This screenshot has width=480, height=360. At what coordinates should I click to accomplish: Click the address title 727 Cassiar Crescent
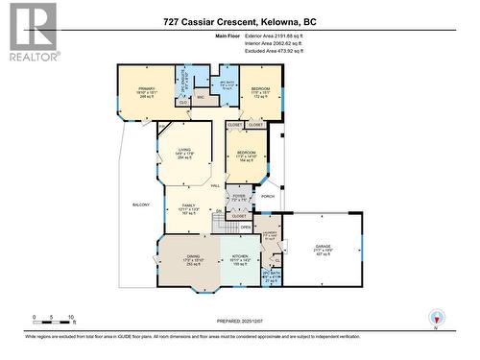click(x=239, y=21)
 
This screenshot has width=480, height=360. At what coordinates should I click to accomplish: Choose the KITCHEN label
click(x=239, y=258)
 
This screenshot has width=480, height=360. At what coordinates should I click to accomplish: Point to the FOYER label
click(x=239, y=197)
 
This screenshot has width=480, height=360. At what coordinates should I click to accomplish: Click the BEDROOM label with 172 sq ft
click(x=261, y=91)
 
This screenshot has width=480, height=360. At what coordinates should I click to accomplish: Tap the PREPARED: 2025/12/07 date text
click(x=239, y=322)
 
